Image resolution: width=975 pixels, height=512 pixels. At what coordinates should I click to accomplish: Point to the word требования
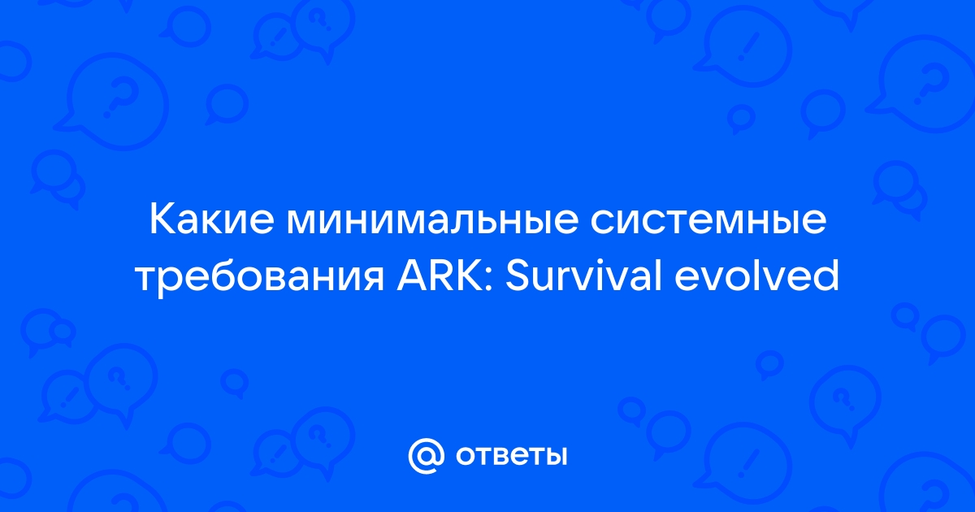[x=260, y=277]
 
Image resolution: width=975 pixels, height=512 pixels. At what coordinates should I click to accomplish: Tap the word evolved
[x=757, y=276]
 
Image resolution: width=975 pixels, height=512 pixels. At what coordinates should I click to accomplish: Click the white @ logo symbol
[x=426, y=456]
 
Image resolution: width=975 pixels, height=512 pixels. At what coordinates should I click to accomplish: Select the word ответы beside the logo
[x=511, y=457]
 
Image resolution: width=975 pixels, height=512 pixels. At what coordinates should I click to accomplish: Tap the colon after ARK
[x=491, y=280]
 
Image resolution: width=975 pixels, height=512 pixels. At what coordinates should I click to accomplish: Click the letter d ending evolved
[x=827, y=276]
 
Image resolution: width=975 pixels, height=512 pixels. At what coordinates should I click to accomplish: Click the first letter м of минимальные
[x=301, y=224]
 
